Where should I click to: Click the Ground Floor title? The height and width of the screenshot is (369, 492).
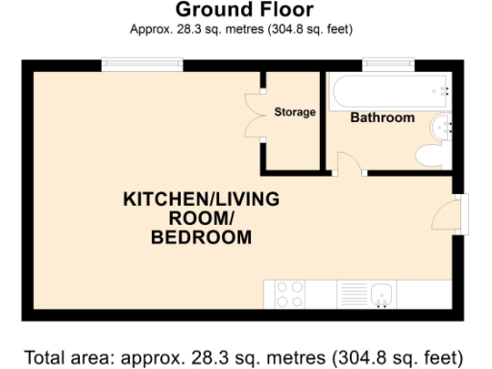pyautogui.click(x=244, y=11)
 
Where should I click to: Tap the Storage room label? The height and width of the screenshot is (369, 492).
pyautogui.click(x=294, y=112)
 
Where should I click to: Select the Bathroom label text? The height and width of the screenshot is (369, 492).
pyautogui.click(x=381, y=118)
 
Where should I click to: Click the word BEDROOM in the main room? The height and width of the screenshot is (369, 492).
pyautogui.click(x=201, y=237)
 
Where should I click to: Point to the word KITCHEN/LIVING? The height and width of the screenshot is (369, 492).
pyautogui.click(x=201, y=200)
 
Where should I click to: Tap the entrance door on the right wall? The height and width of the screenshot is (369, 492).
pyautogui.click(x=458, y=213)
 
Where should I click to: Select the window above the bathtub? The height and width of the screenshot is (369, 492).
pyautogui.click(x=387, y=65)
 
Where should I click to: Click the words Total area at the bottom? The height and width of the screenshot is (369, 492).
pyautogui.click(x=62, y=357)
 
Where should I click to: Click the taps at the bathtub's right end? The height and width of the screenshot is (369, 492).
pyautogui.click(x=446, y=91)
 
